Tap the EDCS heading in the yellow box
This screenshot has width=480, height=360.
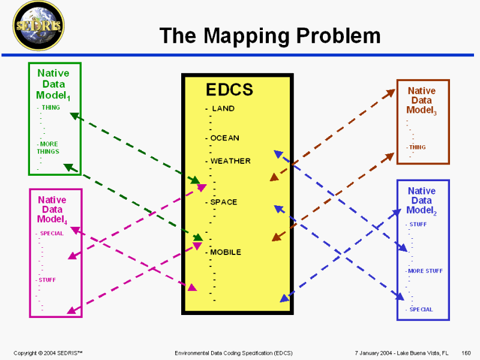229,90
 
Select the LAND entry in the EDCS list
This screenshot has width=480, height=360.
223,109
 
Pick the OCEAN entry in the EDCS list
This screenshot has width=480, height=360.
224,138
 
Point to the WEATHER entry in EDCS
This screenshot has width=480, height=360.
230,161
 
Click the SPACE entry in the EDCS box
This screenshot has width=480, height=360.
223,202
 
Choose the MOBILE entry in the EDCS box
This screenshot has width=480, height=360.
225,252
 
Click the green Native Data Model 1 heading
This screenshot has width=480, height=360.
53,84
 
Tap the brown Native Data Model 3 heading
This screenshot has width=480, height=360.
421,100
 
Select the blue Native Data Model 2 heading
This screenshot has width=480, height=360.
421,200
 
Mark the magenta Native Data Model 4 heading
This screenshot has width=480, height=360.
52,209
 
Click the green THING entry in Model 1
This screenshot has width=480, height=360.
50,107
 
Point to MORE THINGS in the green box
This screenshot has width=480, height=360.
48,148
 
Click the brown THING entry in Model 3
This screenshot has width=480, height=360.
417,147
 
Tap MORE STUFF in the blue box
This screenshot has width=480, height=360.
425,271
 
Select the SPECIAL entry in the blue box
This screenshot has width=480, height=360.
421,310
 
